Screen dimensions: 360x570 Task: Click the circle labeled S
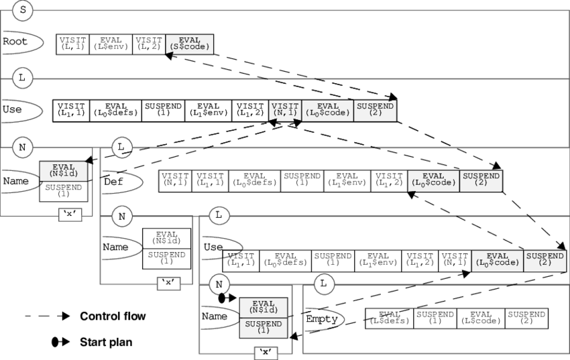(x=21, y=10)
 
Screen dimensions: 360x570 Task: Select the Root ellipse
(x=20, y=42)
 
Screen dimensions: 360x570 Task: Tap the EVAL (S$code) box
(x=189, y=44)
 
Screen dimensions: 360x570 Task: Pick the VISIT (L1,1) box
(x=71, y=110)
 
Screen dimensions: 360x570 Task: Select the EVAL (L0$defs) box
(x=115, y=110)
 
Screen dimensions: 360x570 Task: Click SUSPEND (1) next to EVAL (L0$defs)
(x=163, y=110)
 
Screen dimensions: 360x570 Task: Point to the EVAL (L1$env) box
(x=208, y=110)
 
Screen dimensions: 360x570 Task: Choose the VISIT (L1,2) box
(x=249, y=110)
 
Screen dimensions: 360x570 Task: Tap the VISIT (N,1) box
(x=285, y=110)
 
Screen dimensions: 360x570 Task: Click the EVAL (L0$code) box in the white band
(x=328, y=110)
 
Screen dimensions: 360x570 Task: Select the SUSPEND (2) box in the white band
(x=376, y=110)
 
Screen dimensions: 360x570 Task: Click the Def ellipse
(x=121, y=182)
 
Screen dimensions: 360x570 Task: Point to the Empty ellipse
(x=323, y=320)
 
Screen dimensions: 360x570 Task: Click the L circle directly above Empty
(x=323, y=284)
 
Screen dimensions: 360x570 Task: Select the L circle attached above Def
(x=121, y=147)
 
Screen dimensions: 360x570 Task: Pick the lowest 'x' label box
(x=266, y=353)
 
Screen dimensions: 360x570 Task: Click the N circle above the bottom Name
(x=219, y=284)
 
